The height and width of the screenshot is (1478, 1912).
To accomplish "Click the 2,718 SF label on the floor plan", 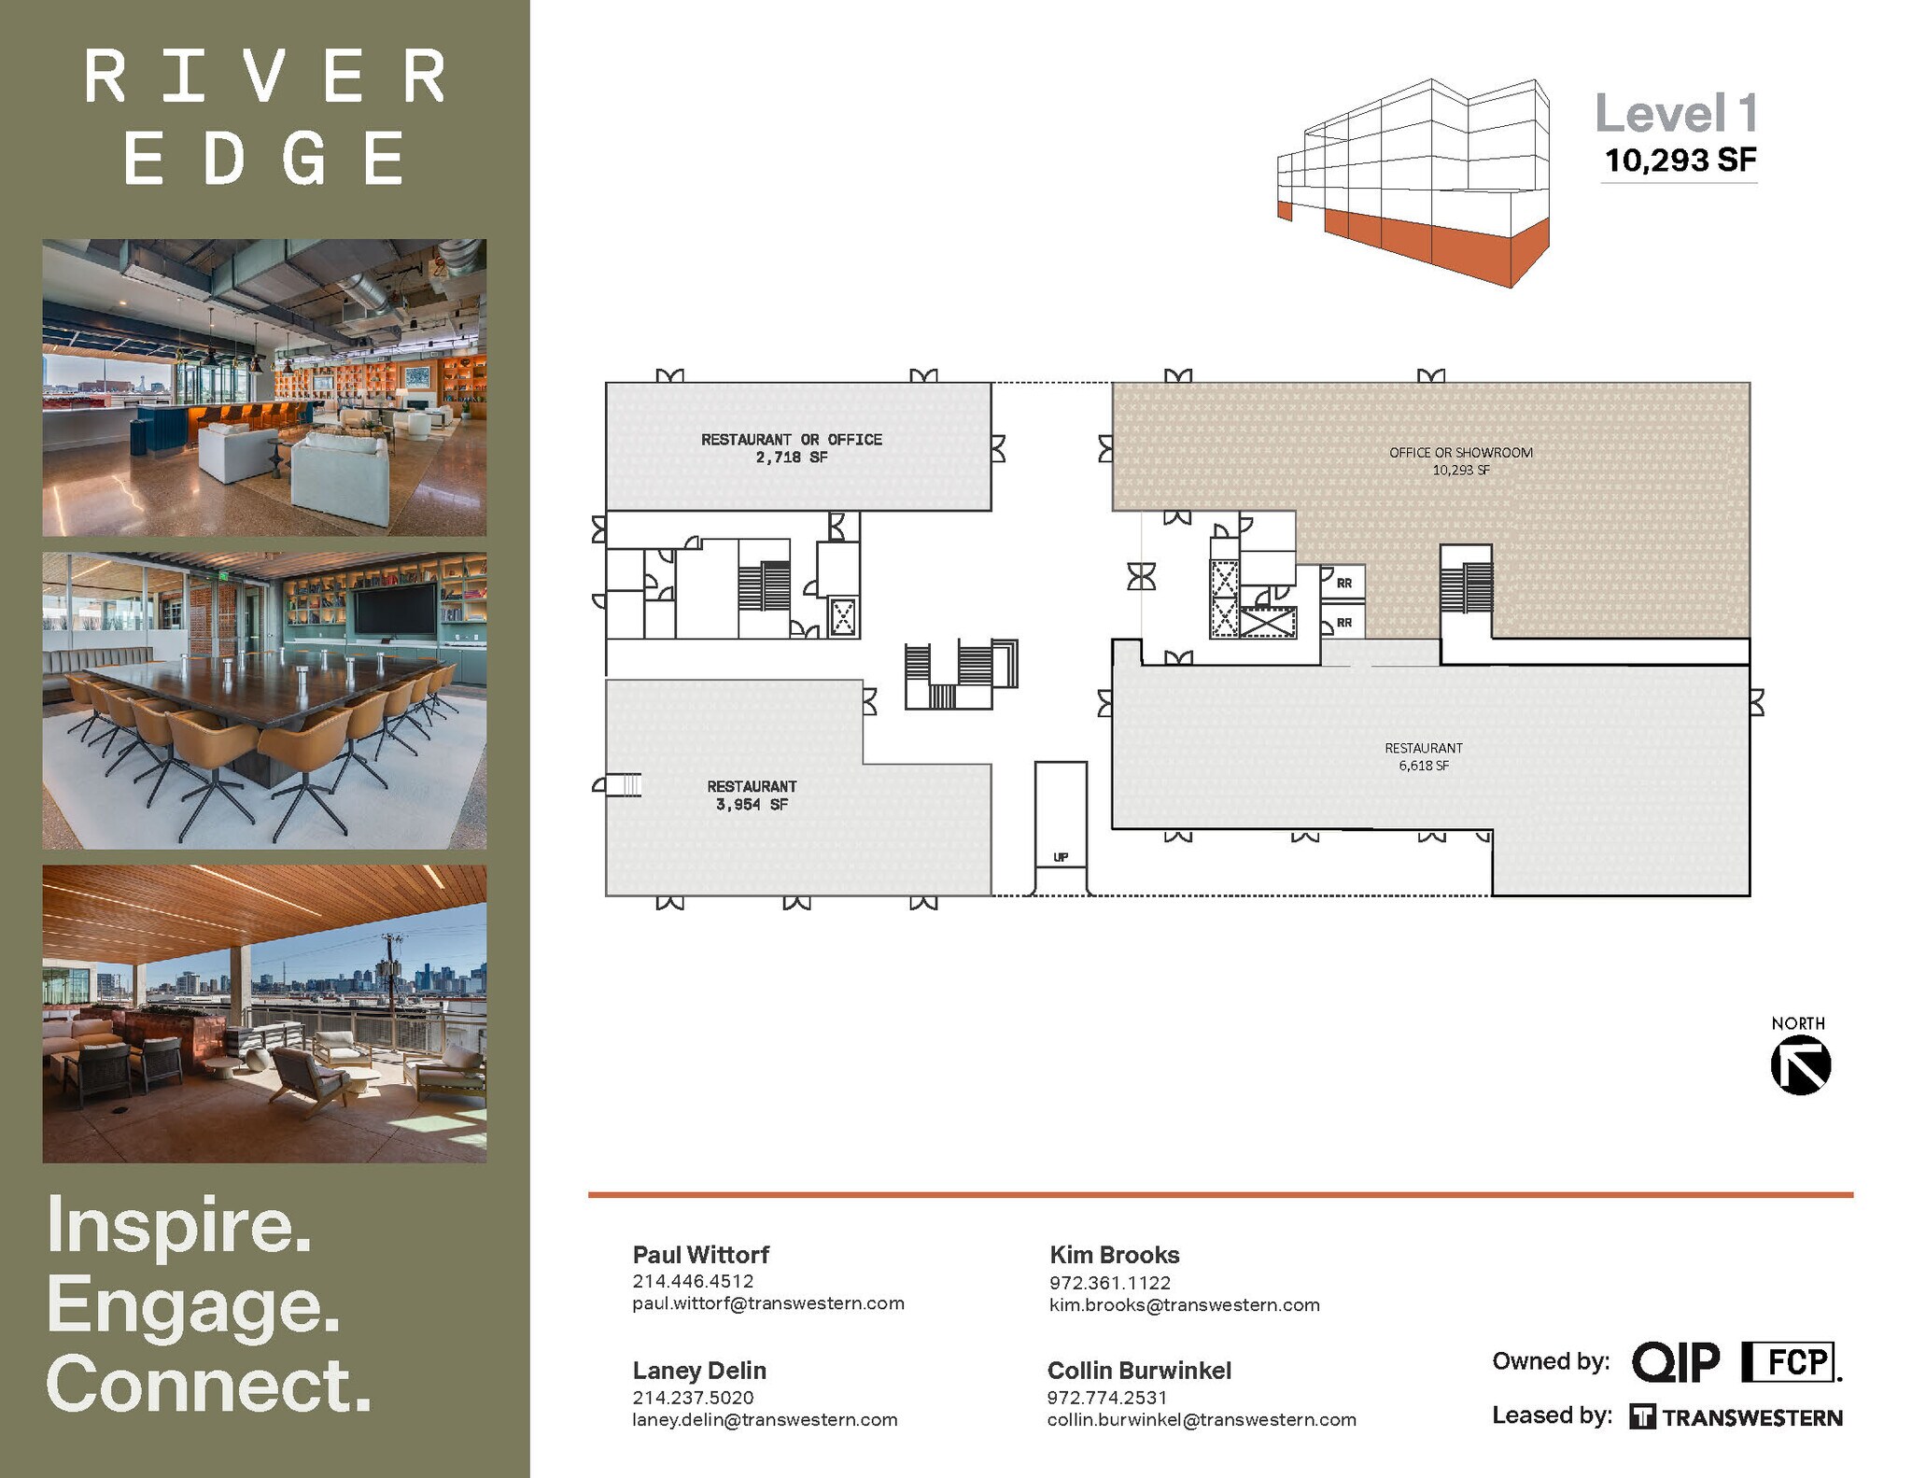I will click(792, 457).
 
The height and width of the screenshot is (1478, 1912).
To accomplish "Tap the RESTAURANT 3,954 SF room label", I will click(752, 795).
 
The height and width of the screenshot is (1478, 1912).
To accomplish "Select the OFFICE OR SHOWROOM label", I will click(1460, 453).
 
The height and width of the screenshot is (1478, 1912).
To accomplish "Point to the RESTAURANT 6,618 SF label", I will click(1423, 756).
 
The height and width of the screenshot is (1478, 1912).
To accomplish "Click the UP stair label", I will click(1061, 857).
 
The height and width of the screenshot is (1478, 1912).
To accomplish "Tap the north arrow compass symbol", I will click(1800, 1065).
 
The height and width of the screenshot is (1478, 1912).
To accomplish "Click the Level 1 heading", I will click(1676, 114).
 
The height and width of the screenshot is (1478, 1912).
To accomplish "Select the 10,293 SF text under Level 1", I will click(1680, 161).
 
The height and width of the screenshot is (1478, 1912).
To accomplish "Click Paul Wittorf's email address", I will click(767, 1303).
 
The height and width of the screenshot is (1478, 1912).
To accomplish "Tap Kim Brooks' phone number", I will click(1109, 1283).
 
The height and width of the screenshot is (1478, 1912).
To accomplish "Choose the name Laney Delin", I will click(699, 1371).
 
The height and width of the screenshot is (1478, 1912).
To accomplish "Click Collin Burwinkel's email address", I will click(1201, 1420).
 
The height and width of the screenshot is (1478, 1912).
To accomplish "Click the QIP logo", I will click(1676, 1362).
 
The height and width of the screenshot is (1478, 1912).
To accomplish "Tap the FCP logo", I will click(1790, 1362).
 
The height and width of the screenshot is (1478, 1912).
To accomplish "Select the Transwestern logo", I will click(1736, 1417).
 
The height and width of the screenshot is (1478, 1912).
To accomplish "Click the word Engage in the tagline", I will click(192, 1304).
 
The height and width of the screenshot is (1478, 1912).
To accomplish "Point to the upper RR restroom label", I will click(1343, 584).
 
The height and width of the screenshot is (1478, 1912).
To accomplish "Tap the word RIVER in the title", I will click(265, 77).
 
